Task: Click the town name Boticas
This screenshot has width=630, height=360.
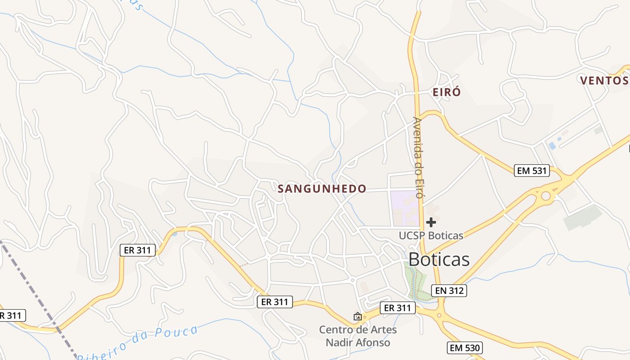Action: pyautogui.click(x=439, y=260)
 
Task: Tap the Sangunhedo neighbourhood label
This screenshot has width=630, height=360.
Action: pyautogui.click(x=322, y=189)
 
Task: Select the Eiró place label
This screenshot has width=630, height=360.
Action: pyautogui.click(x=446, y=93)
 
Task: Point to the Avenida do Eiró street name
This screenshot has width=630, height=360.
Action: pyautogui.click(x=418, y=157)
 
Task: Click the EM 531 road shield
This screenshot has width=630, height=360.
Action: pyautogui.click(x=532, y=171)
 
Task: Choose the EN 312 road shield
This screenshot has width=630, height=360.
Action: pyautogui.click(x=449, y=291)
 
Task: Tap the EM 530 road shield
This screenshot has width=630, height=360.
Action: pyautogui.click(x=465, y=348)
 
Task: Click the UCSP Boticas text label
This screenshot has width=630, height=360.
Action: pyautogui.click(x=431, y=235)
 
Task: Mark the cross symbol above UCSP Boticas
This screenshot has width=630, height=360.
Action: pyautogui.click(x=431, y=222)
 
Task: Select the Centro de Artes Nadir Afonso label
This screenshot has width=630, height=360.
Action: pyautogui.click(x=358, y=336)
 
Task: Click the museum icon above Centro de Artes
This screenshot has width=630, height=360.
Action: pyautogui.click(x=358, y=317)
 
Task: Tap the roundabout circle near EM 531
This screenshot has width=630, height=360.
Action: pyautogui.click(x=546, y=196)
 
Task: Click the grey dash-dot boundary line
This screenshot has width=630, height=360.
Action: pyautogui.click(x=36, y=292)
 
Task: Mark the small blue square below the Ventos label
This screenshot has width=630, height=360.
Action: pyautogui.click(x=552, y=146)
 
